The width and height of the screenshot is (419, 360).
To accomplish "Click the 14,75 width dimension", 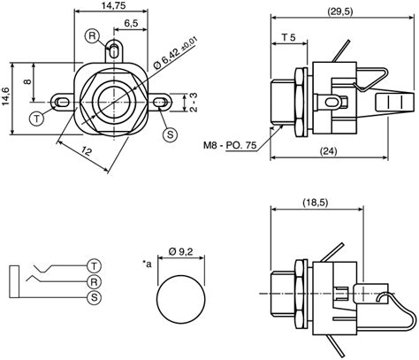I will (x=112, y=6).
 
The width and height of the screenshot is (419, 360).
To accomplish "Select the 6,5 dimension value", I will (x=131, y=22).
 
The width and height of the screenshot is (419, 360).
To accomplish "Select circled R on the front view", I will (x=92, y=35).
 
